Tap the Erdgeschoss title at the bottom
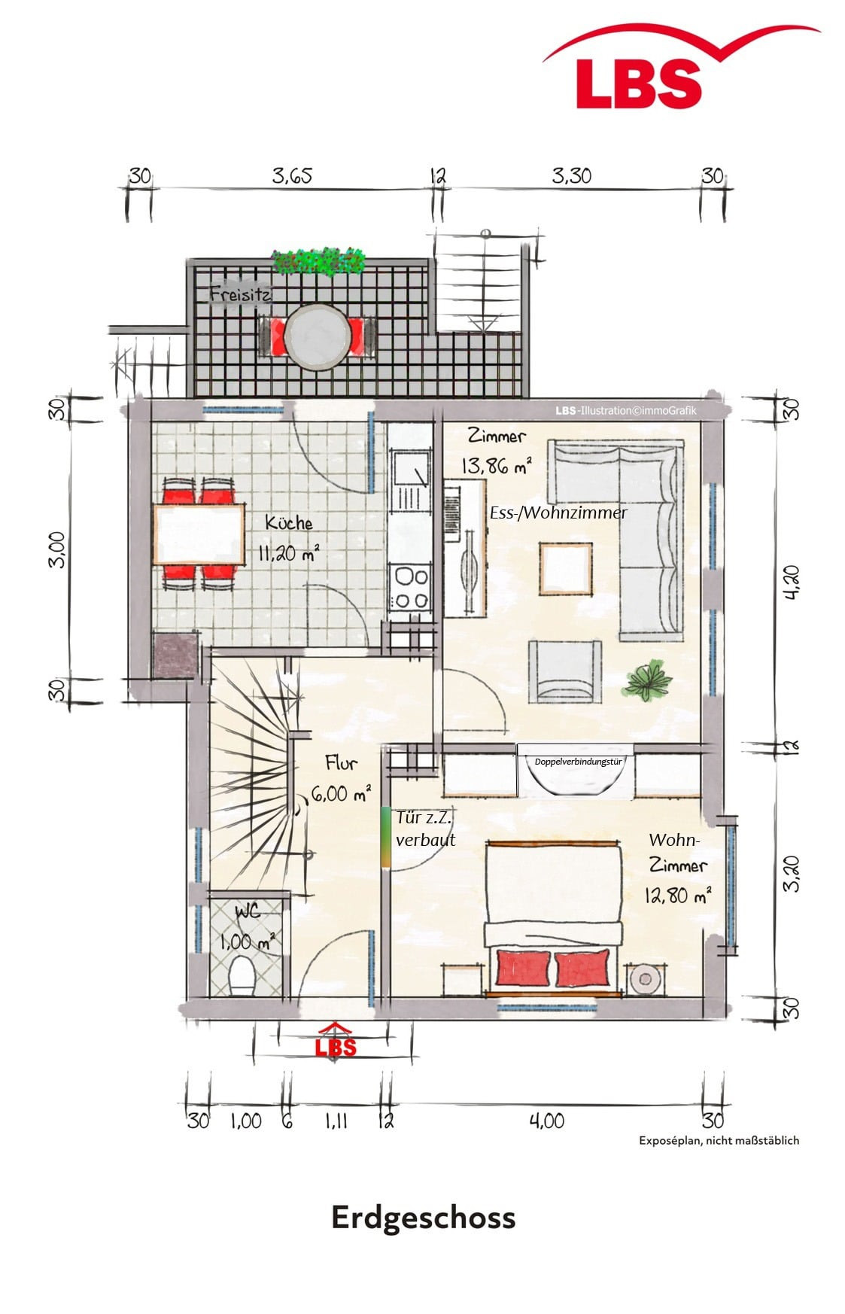coord(424,1217)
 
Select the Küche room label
coord(289,522)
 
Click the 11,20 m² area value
coord(288,555)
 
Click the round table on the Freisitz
coord(316,336)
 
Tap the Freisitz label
coord(240,294)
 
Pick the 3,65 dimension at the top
coord(292,177)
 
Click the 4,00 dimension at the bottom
coord(546,1121)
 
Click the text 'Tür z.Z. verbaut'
coord(426,829)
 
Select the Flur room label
coord(340,762)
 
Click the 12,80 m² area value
coord(677,896)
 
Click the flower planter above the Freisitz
coord(320,260)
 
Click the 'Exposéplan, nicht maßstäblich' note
coord(719,1140)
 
